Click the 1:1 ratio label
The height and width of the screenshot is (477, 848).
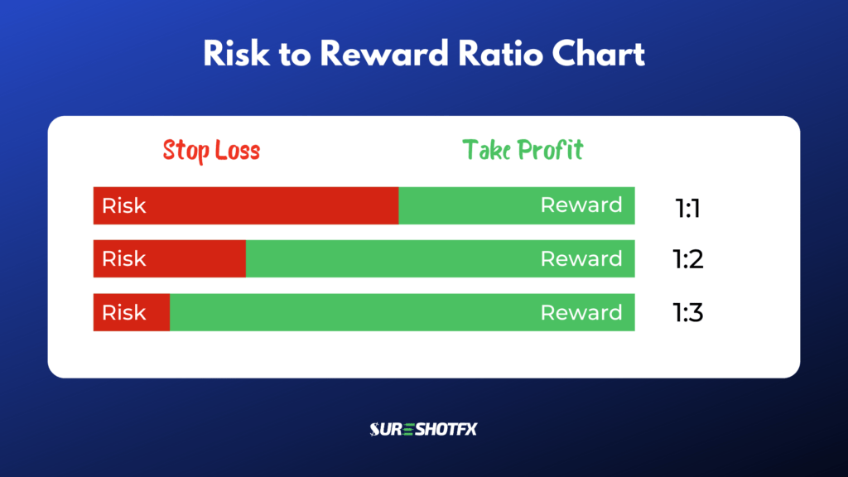click(687, 208)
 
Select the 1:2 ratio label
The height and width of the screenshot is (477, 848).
click(687, 260)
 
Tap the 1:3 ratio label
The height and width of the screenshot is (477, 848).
click(687, 313)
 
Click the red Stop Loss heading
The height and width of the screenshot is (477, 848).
click(211, 151)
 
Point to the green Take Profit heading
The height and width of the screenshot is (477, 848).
click(523, 150)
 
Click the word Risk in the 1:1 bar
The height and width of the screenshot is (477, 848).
click(123, 205)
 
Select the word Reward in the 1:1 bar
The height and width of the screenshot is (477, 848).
click(581, 205)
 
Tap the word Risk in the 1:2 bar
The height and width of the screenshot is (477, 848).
click(123, 258)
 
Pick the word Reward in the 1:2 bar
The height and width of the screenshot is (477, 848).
click(581, 258)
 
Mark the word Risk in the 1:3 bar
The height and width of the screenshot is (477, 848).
click(123, 312)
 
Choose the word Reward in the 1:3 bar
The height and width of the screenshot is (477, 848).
click(581, 312)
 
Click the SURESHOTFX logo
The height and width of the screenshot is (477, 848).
click(423, 429)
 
